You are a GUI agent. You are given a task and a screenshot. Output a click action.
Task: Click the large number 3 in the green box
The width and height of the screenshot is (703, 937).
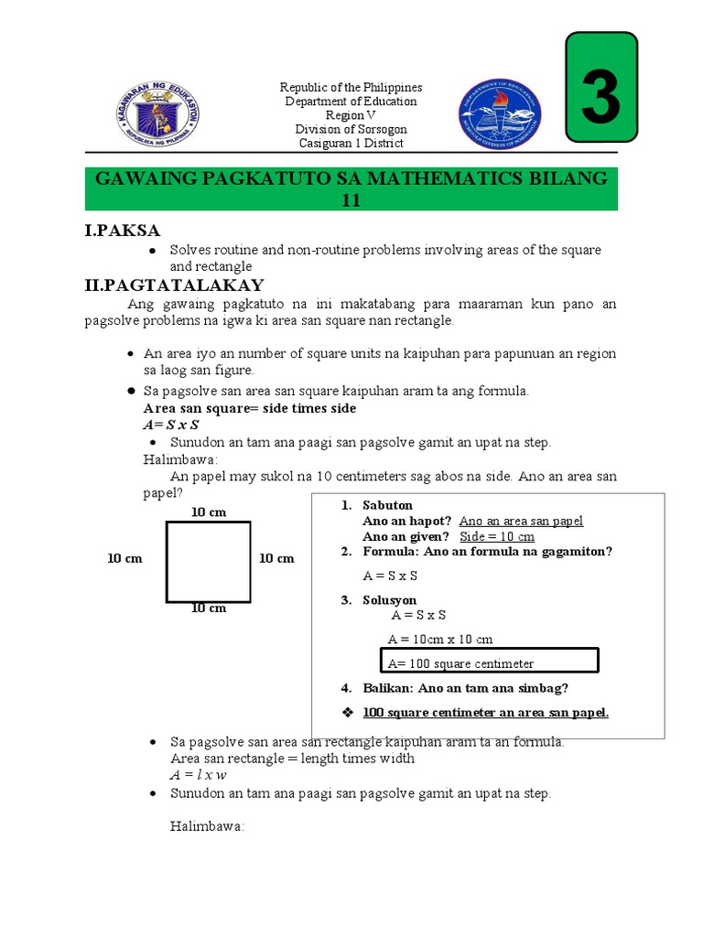point(600,89)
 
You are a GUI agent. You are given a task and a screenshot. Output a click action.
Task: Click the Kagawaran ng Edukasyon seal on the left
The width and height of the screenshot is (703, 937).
point(158,114)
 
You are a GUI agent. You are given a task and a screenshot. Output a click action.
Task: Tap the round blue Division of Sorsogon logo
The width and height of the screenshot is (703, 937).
point(499,114)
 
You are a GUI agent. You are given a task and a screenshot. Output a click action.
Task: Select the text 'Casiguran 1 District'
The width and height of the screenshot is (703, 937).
point(351,143)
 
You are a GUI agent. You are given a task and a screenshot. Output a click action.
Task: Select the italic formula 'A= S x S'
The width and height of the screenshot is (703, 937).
point(171,425)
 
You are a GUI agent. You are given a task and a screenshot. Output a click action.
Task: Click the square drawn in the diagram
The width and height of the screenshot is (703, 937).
point(208,561)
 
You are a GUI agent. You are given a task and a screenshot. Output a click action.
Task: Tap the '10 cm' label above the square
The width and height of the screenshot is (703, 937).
point(208,512)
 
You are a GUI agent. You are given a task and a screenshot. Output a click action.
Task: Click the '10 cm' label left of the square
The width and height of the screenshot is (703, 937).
point(124,558)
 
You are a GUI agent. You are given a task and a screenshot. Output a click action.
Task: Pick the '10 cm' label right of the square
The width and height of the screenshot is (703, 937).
point(276,558)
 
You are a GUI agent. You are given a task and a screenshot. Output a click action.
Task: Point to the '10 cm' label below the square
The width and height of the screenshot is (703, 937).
point(208,609)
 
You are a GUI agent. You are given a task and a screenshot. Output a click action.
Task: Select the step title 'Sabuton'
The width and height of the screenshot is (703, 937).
point(388,505)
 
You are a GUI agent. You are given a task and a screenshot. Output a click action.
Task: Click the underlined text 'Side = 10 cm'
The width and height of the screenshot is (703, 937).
point(496,536)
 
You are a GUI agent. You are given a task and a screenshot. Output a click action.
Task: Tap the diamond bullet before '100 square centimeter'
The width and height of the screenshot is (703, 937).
point(346,712)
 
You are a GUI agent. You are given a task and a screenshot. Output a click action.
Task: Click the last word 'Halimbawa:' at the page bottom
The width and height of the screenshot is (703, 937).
point(208,826)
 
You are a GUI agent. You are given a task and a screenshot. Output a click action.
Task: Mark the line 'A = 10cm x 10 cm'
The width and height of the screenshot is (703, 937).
point(440,639)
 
